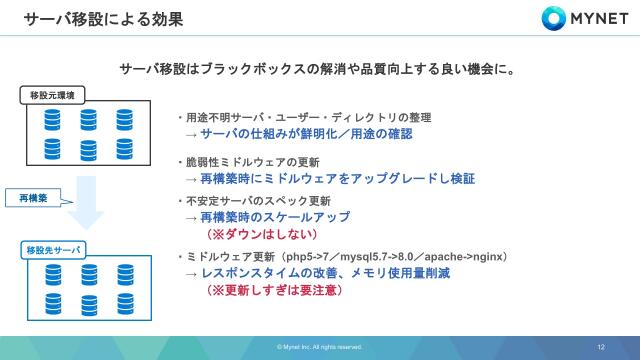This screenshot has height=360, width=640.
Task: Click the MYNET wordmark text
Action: pos(598,18)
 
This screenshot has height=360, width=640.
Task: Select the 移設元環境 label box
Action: pos(53,94)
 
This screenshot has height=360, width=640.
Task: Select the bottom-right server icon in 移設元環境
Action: pos(124,150)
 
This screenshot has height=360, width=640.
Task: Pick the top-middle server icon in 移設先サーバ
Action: pos(88,273)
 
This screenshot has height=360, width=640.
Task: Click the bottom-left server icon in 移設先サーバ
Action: pos(53,301)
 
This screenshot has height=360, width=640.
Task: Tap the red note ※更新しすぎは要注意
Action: pos(274,290)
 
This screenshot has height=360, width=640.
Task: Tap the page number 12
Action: pos(601,346)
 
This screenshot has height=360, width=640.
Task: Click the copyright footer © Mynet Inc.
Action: pos(319,347)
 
